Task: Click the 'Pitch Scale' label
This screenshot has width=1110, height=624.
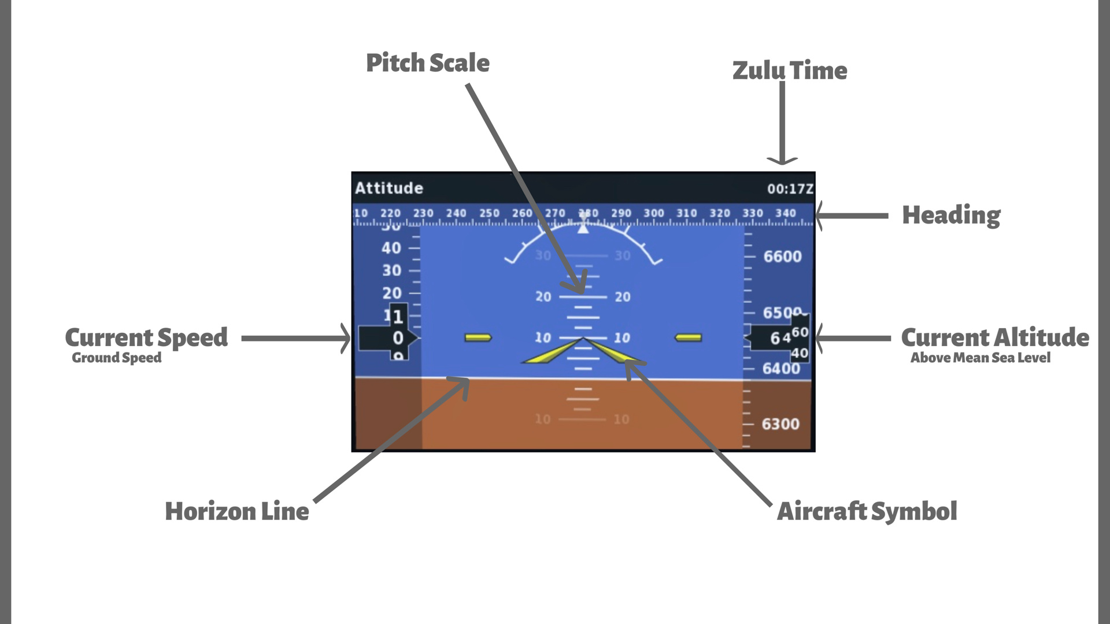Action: pyautogui.click(x=427, y=63)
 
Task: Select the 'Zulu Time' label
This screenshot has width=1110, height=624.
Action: pyautogui.click(x=790, y=70)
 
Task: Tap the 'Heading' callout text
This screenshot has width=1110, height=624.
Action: pyautogui.click(x=951, y=215)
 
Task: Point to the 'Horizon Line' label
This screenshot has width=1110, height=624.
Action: pyautogui.click(x=237, y=511)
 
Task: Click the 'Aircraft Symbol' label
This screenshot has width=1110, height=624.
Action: pyautogui.click(x=867, y=511)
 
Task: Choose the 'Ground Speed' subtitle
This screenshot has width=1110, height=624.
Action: pyautogui.click(x=117, y=358)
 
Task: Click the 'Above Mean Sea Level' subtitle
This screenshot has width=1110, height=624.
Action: pyautogui.click(x=980, y=358)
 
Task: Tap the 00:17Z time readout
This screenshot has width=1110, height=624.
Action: pyautogui.click(x=790, y=189)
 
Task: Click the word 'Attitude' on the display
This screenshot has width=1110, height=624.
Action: pyautogui.click(x=389, y=188)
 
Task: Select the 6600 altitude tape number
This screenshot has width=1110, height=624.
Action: pyautogui.click(x=782, y=257)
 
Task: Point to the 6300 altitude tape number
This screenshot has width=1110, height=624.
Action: pyautogui.click(x=780, y=424)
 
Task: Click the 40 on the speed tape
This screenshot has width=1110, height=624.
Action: pyautogui.click(x=391, y=248)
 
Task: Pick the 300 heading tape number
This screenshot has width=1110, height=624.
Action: pyautogui.click(x=654, y=213)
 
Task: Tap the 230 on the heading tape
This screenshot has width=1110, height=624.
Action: pyautogui.click(x=423, y=213)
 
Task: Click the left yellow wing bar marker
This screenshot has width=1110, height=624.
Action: pyautogui.click(x=478, y=337)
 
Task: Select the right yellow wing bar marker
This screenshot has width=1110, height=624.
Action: pyautogui.click(x=689, y=337)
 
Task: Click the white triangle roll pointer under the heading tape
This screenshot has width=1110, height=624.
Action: pyautogui.click(x=583, y=229)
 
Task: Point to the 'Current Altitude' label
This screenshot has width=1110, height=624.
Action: pyautogui.click(x=995, y=337)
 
